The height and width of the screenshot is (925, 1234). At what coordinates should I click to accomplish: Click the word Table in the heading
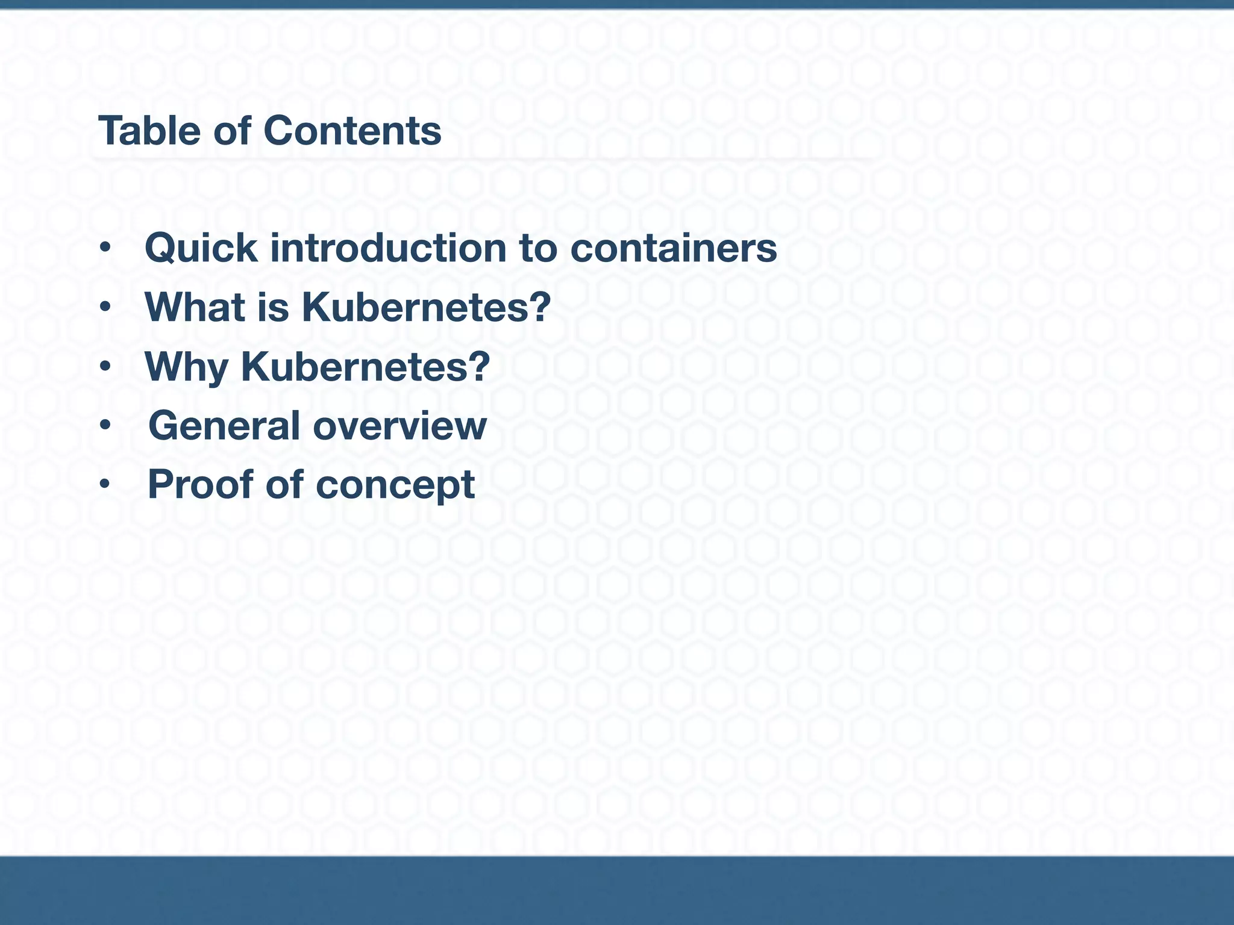pos(149,131)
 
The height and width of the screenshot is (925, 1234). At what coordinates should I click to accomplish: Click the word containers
pos(673,248)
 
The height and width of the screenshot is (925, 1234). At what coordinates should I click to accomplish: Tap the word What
pos(195,307)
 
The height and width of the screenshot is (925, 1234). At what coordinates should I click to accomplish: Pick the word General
pos(224,426)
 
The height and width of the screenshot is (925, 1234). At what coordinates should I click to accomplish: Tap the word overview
pos(399,426)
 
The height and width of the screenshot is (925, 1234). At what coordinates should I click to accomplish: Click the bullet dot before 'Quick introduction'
pos(105,248)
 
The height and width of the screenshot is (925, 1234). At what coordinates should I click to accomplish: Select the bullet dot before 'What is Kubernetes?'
pos(105,307)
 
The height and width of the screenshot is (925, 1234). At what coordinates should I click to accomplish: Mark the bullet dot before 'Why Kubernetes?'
pos(105,366)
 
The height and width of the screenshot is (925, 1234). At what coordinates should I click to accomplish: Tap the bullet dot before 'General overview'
pos(105,425)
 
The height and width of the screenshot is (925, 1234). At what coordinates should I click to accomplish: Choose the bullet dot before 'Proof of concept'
pos(105,484)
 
